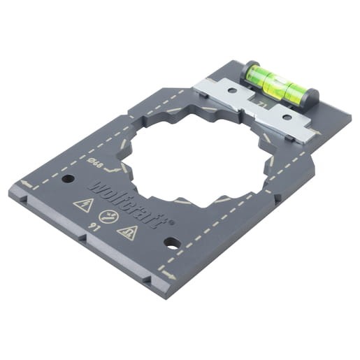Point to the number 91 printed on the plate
click(92, 226)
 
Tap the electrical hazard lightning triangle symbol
click(83, 205)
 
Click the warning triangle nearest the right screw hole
click(127, 232)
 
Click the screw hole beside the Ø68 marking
click(67, 179)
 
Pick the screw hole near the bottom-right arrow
click(171, 243)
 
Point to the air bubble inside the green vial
click(274, 78)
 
